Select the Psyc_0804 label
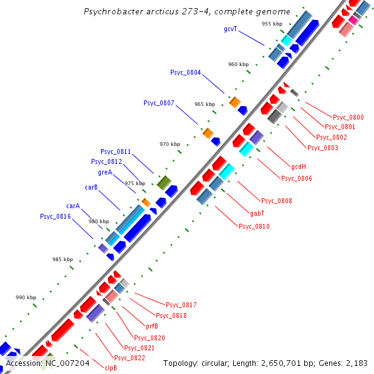(185, 73)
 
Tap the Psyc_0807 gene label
(158, 103)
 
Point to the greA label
(105, 172)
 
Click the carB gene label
(91, 187)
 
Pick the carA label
(73, 206)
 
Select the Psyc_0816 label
(55, 217)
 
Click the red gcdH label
(299, 167)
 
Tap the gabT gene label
(257, 213)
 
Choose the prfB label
(152, 326)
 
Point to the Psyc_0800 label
(348, 117)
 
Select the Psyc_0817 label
(181, 305)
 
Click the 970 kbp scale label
(169, 144)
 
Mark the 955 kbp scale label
(271, 24)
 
